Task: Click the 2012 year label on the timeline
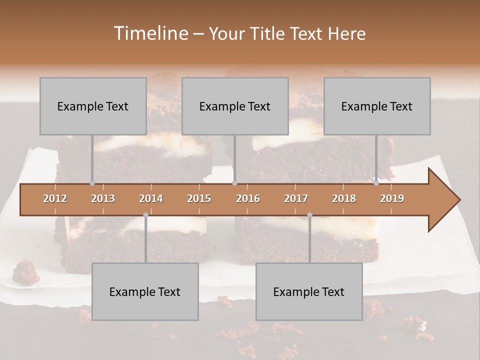tap(55, 198)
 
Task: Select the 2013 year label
tap(103, 198)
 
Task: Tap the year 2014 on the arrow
tap(151, 198)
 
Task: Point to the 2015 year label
tap(199, 198)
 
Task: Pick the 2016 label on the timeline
tap(248, 198)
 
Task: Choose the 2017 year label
tap(296, 198)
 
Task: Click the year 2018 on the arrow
tap(344, 198)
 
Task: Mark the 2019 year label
tap(392, 198)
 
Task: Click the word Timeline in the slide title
tap(150, 33)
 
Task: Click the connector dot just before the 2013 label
tap(92, 183)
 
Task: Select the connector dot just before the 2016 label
tap(235, 183)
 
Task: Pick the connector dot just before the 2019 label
tap(376, 183)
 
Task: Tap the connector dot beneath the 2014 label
tap(145, 215)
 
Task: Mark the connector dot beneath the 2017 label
tap(309, 215)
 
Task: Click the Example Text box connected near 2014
tap(145, 291)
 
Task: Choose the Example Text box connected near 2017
tap(309, 291)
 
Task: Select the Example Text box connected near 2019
tap(377, 106)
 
